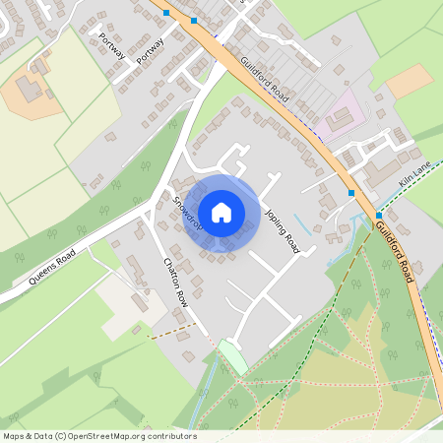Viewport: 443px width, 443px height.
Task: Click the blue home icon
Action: click(221, 213)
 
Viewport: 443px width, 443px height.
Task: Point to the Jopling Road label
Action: click(281, 230)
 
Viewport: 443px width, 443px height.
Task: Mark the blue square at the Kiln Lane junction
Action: click(379, 215)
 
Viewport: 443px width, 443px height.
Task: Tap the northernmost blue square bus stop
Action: click(166, 12)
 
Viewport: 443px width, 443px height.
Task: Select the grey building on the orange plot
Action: click(28, 90)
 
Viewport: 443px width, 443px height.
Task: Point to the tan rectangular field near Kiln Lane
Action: click(408, 81)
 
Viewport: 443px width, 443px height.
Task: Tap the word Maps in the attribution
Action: click(14, 435)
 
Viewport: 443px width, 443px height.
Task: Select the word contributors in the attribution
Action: click(171, 435)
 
